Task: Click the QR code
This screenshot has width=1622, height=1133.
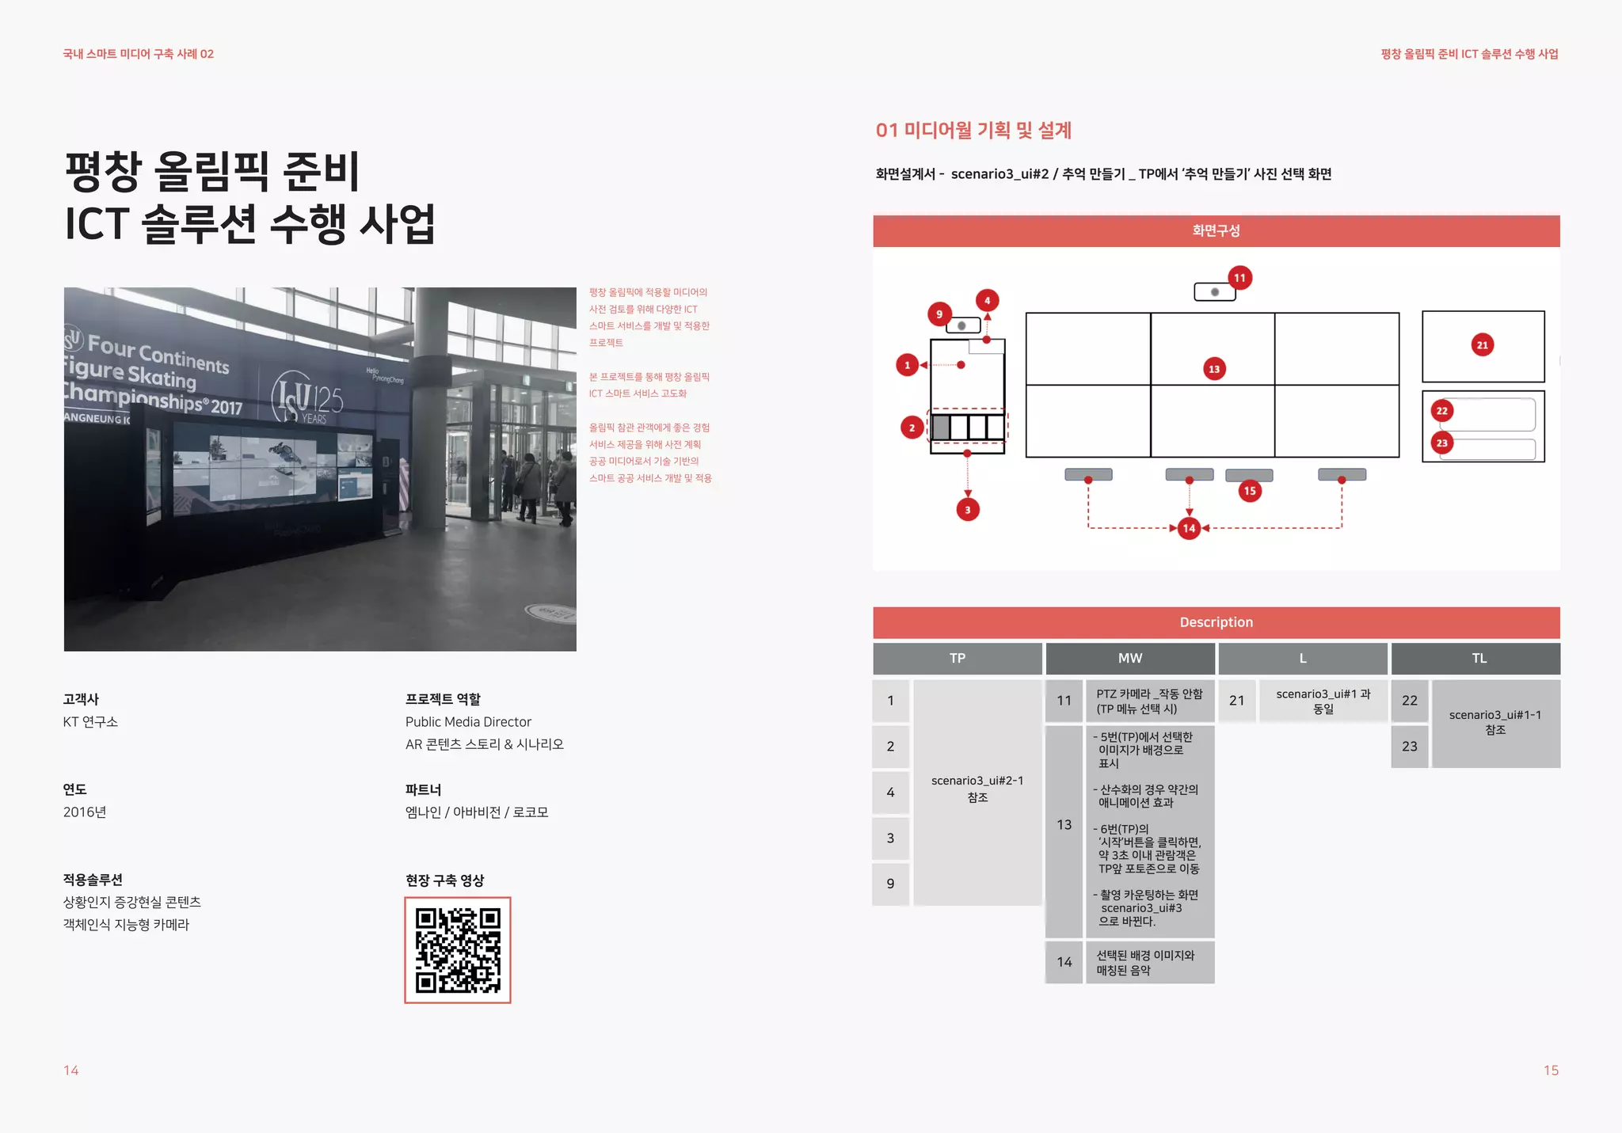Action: coord(458,950)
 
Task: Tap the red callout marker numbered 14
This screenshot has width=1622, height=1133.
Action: coord(1189,528)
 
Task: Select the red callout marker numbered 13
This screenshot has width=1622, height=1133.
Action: coord(1214,369)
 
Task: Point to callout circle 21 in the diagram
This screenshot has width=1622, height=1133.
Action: coord(1483,345)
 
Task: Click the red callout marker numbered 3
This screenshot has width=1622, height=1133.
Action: coord(968,510)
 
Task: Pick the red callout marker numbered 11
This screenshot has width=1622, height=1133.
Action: coord(1239,278)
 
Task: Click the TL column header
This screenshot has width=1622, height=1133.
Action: coord(1479,659)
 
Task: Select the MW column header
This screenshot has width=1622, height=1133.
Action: coord(1130,659)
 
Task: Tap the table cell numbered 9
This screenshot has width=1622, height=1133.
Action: coord(891,884)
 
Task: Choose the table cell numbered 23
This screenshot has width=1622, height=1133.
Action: coord(1410,747)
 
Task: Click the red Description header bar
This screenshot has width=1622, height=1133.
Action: coord(1216,622)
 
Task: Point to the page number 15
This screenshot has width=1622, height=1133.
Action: coord(1551,1070)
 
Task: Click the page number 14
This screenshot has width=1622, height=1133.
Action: coord(71,1070)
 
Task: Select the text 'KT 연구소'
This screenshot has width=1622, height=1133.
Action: coord(91,722)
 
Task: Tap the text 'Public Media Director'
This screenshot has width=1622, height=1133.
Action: coord(468,722)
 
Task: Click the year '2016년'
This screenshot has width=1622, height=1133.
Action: coord(85,812)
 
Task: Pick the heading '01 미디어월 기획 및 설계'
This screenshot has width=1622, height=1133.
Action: coord(973,131)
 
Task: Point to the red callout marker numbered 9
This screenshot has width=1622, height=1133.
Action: coord(939,314)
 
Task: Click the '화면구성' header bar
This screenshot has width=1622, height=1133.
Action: coord(1216,231)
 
